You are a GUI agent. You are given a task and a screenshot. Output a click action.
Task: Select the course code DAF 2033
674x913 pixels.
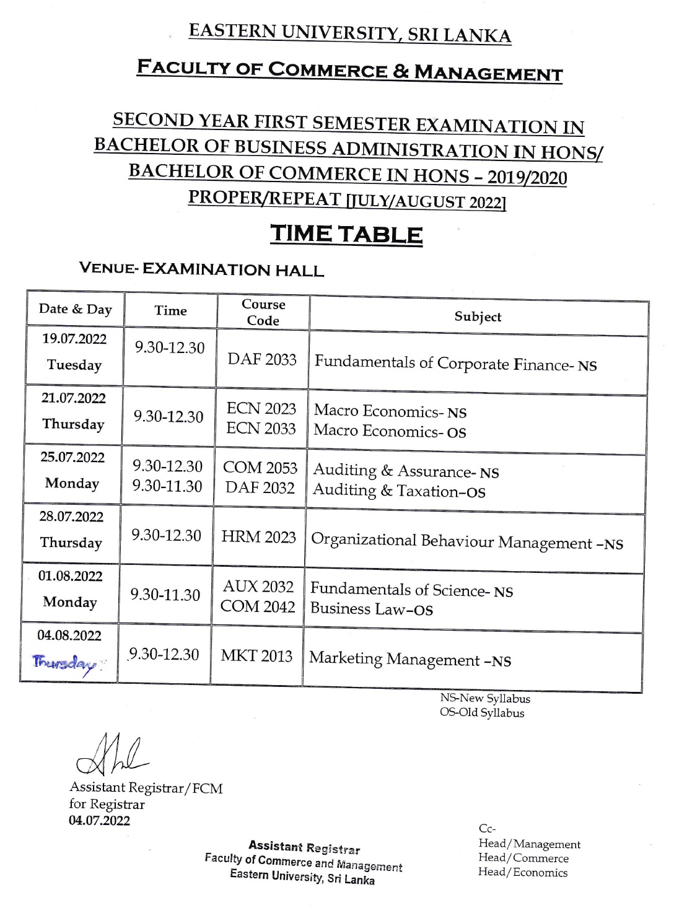pos(262,359)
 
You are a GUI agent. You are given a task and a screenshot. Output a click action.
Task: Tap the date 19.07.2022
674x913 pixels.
pos(74,339)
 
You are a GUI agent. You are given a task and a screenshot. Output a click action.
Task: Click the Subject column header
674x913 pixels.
pos(478,317)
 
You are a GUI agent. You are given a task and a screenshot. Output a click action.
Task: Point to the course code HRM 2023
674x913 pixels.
pos(259,537)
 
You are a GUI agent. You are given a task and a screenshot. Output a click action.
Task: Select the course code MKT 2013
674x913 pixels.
pos(256,655)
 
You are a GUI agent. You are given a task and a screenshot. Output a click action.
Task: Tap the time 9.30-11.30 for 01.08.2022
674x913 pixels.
pos(165,595)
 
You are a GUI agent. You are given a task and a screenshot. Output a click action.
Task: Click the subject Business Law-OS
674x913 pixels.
pos(372,609)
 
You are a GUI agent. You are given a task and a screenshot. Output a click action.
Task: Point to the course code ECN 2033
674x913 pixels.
pos(261,429)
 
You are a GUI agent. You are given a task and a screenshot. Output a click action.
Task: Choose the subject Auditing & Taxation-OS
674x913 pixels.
pos(399,491)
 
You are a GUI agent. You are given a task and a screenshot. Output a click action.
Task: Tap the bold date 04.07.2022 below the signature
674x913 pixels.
pos(100,821)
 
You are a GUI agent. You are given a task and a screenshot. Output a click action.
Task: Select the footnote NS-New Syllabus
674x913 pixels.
pos(485,698)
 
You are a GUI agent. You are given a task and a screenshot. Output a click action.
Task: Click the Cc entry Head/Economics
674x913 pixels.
pos(523,872)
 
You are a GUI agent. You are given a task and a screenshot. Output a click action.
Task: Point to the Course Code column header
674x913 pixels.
pos(263,312)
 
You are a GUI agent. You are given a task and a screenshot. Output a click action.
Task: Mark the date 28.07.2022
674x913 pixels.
pos(71,517)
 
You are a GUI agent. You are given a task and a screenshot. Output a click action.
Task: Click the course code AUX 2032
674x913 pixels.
pos(258,587)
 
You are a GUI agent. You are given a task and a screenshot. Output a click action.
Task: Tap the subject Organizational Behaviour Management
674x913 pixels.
pos(467,542)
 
